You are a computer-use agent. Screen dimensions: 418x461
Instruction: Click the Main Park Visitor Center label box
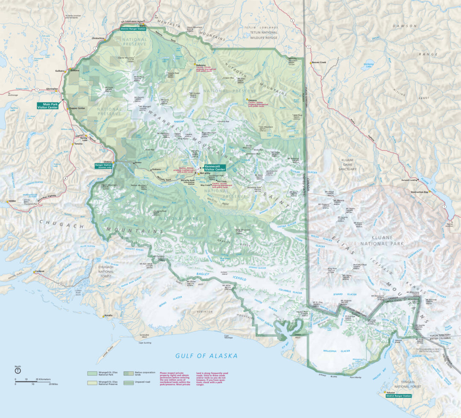(x=47, y=105)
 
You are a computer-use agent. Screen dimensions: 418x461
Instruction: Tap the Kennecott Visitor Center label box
(x=215, y=168)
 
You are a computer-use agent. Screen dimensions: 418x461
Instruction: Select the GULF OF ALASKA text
(x=207, y=356)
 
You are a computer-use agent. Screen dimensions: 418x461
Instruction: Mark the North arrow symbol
(x=18, y=371)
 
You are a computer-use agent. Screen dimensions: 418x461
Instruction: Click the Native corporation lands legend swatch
(x=128, y=373)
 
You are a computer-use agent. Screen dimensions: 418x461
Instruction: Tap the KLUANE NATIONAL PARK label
(x=381, y=240)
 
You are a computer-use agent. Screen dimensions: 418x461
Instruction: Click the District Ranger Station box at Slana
(x=136, y=29)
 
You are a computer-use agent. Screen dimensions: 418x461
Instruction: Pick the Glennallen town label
(x=52, y=89)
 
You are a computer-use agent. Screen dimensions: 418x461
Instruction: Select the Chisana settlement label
(x=251, y=100)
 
